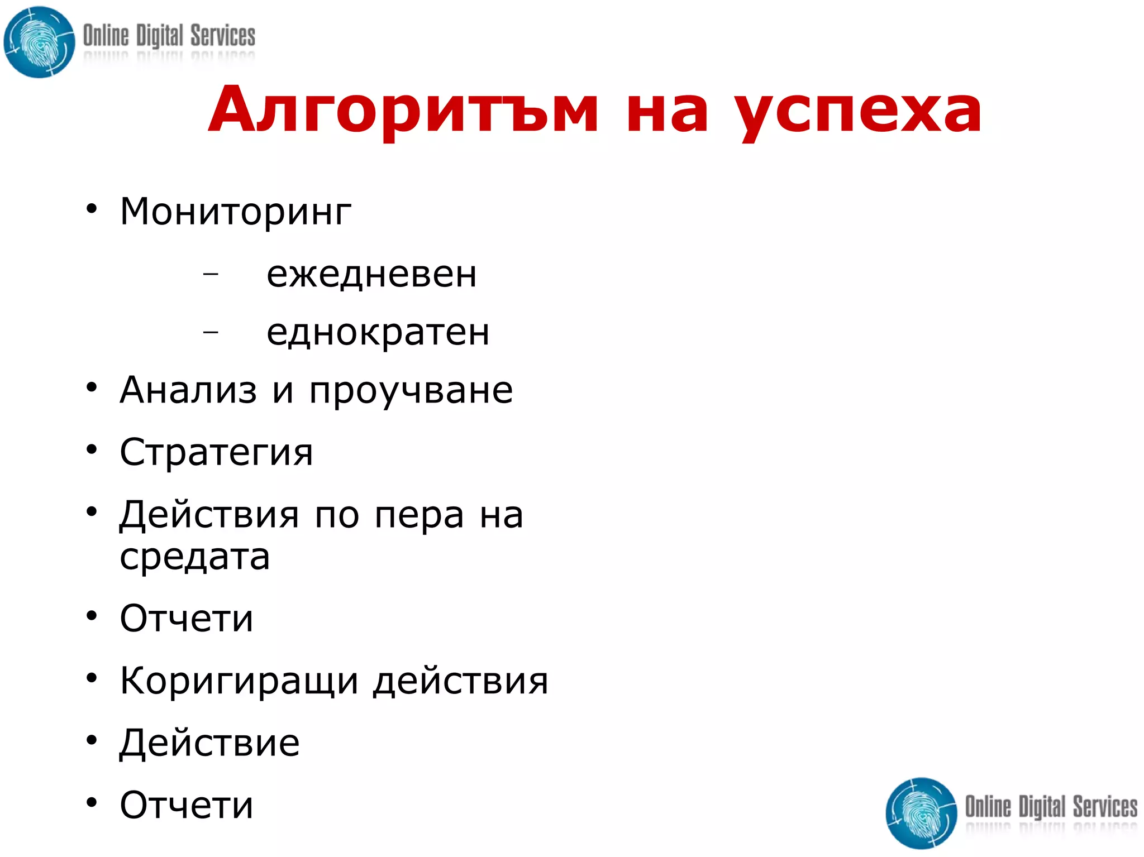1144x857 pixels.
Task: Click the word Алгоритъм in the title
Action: click(x=403, y=111)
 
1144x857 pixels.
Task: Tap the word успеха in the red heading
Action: click(x=857, y=112)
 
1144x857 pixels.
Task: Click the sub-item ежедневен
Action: click(x=371, y=274)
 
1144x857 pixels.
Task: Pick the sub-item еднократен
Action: click(x=378, y=332)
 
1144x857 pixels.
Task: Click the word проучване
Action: click(x=411, y=391)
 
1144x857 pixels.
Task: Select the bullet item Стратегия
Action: click(x=216, y=453)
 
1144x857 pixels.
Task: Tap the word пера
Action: click(x=419, y=515)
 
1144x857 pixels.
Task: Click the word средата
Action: click(x=195, y=557)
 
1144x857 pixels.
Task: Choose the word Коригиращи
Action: click(x=239, y=681)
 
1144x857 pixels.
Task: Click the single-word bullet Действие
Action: click(x=210, y=743)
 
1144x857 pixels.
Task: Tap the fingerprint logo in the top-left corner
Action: click(x=39, y=42)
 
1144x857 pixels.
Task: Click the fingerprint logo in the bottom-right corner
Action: click(x=921, y=813)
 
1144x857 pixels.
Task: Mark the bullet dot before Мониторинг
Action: click(x=92, y=209)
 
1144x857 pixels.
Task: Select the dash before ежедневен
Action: click(x=211, y=274)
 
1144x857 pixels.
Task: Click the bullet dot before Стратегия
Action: click(x=92, y=449)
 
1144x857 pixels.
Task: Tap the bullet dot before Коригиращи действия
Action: click(x=92, y=678)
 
